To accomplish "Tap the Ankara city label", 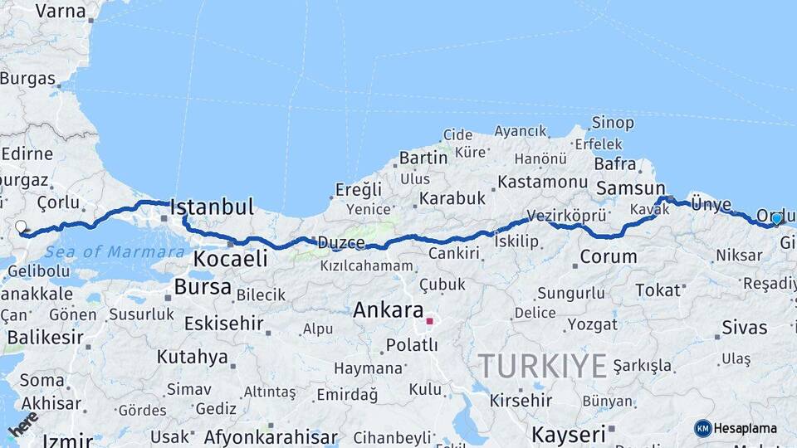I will (x=389, y=310).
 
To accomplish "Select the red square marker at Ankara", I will (x=429, y=320).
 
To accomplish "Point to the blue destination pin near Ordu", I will (x=776, y=219).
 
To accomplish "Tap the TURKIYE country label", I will (x=542, y=366).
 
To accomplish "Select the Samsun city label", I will (x=631, y=188).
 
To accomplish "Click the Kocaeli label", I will (x=230, y=259).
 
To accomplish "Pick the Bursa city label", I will (x=203, y=287).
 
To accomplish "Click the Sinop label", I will (x=612, y=123).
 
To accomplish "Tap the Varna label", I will (x=60, y=11).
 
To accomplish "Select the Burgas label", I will (x=27, y=79).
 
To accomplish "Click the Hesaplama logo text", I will (x=745, y=428).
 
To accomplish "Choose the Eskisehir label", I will (x=223, y=323).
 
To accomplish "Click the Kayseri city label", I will (x=569, y=434).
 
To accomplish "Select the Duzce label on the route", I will (x=341, y=243).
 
